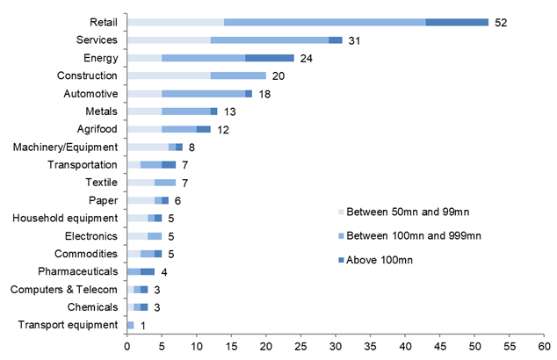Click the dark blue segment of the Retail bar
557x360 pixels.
457,22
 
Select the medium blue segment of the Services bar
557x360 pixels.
270,40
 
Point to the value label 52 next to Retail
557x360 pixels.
502,22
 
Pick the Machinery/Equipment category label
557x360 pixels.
66,147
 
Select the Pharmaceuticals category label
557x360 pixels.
77,271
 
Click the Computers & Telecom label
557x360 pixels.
66,289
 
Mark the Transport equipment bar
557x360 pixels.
131,325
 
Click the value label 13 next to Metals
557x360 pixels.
230,112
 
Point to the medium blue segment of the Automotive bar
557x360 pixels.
203,93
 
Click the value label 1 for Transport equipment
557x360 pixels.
144,325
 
